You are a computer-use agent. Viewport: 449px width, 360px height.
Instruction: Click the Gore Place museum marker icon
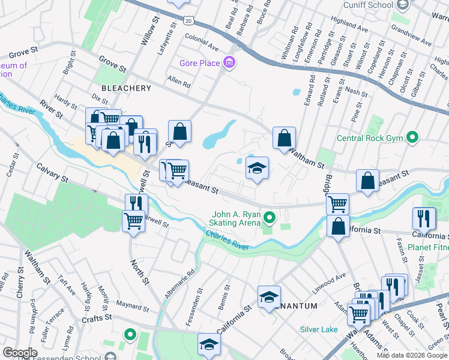pyautogui.click(x=229, y=62)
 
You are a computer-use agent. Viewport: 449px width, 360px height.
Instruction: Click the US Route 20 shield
pyautogui.click(x=188, y=20)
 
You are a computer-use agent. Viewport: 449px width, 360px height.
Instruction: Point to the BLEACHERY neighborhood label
pyautogui.click(x=126, y=88)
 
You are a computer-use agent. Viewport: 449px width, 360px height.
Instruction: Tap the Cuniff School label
pyautogui.click(x=369, y=5)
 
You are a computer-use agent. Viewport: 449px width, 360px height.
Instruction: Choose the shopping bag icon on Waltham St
pyautogui.click(x=284, y=138)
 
